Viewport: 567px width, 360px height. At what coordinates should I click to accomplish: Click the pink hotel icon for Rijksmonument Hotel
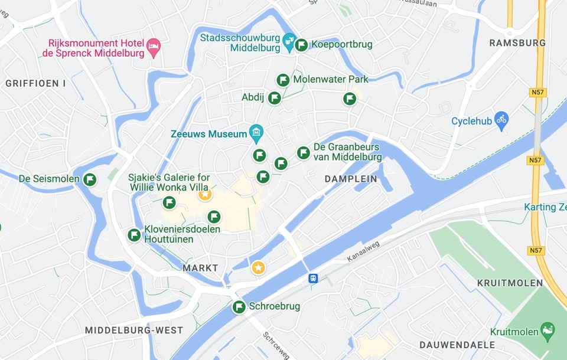154,47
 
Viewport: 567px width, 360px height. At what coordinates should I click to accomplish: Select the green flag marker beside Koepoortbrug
301,44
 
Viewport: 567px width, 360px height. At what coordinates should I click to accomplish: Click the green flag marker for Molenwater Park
283,80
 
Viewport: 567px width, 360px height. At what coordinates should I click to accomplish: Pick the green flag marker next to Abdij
275,98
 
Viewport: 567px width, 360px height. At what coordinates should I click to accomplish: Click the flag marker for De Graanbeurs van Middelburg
304,153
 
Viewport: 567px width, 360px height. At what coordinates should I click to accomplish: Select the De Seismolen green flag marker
90,179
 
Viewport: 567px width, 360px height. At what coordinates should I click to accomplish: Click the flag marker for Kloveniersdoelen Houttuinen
134,235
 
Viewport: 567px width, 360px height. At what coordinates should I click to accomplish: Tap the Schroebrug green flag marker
239,307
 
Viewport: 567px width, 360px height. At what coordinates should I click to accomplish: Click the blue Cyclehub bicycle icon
501,120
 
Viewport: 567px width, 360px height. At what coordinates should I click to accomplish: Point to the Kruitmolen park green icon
548,331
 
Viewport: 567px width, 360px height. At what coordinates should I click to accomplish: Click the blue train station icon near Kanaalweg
313,278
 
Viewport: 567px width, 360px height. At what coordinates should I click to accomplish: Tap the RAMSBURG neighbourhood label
517,43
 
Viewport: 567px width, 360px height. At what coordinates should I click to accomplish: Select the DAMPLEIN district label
351,178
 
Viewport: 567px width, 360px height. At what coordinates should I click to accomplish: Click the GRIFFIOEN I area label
35,83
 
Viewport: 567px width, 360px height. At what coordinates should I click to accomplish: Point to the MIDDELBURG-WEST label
134,330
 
